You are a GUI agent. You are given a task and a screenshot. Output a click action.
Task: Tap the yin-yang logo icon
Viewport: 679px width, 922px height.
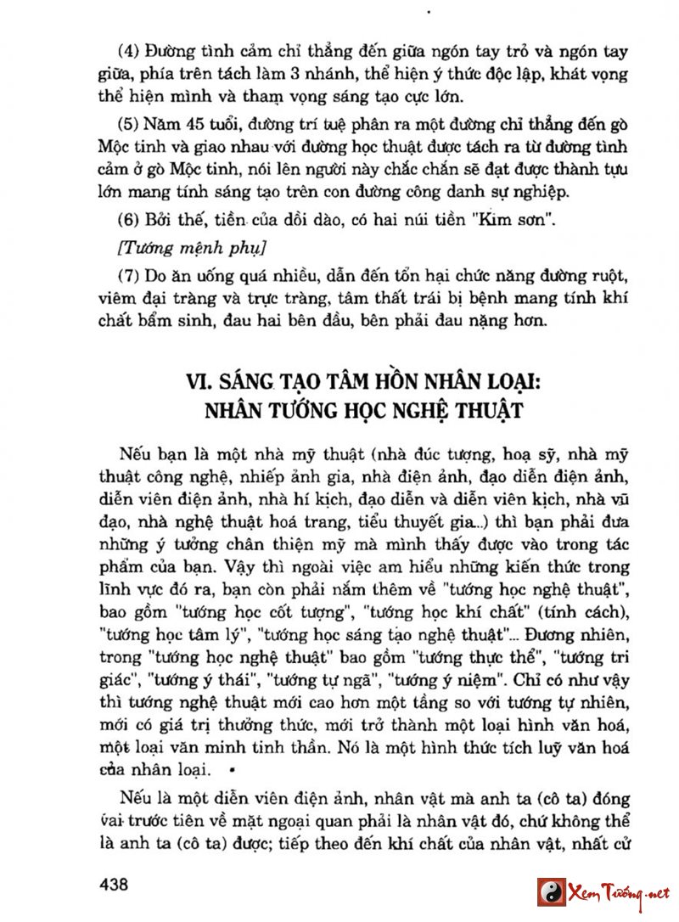(x=551, y=892)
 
